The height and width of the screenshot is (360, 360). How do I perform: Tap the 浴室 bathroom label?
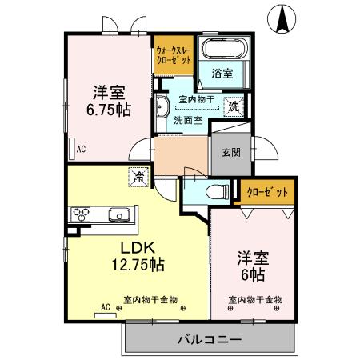tap(222, 73)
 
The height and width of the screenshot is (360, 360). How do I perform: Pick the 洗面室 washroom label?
tap(189, 121)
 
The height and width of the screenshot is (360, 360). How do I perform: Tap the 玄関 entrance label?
tap(231, 152)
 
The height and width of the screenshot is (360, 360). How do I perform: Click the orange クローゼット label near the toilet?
tap(267, 192)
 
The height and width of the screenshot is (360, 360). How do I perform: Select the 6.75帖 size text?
tap(110, 109)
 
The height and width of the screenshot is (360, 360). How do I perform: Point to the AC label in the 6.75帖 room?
tap(81, 148)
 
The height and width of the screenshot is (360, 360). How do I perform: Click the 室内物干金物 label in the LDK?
tap(150, 301)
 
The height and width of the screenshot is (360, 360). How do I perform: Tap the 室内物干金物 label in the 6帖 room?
tap(255, 301)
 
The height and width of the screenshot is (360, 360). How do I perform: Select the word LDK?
tap(138, 246)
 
